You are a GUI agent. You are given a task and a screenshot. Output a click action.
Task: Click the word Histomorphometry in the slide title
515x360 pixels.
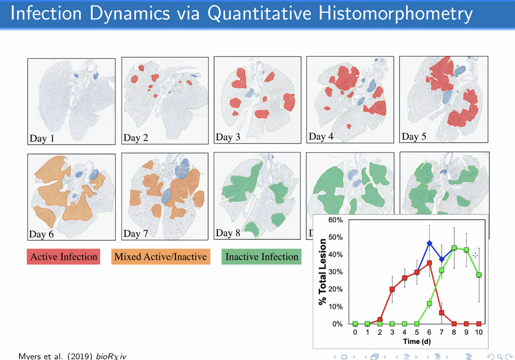pyautogui.click(x=395, y=14)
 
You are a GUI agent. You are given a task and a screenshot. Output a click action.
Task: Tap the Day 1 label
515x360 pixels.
pyautogui.click(x=42, y=138)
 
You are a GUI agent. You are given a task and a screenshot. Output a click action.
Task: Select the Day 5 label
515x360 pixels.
pyautogui.click(x=414, y=136)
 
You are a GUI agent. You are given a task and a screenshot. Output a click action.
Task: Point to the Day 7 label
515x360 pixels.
pyautogui.click(x=136, y=234)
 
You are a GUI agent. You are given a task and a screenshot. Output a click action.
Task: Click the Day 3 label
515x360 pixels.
pyautogui.click(x=228, y=137)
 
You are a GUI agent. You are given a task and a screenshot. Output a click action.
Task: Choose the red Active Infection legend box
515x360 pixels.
pyautogui.click(x=63, y=256)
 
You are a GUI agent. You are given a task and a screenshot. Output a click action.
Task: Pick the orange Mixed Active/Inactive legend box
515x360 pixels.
pyautogui.click(x=161, y=256)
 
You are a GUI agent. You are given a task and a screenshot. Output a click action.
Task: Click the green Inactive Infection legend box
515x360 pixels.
pyautogui.click(x=261, y=256)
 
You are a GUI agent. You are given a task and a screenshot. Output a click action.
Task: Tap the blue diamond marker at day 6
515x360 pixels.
pyautogui.click(x=429, y=243)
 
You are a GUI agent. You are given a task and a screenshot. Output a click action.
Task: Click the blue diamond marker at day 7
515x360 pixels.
pyautogui.click(x=442, y=259)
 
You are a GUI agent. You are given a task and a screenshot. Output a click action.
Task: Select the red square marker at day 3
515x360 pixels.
pyautogui.click(x=392, y=289)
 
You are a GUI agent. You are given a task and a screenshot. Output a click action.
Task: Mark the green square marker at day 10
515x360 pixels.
pyautogui.click(x=479, y=275)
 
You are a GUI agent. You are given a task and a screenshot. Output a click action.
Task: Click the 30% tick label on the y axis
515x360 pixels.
pyautogui.click(x=335, y=272)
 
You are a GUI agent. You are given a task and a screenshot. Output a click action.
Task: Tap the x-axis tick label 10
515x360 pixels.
pyautogui.click(x=479, y=332)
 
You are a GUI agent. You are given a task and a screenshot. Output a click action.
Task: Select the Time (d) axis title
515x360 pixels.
pyautogui.click(x=417, y=341)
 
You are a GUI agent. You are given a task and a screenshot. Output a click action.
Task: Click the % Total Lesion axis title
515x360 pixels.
pyautogui.click(x=323, y=272)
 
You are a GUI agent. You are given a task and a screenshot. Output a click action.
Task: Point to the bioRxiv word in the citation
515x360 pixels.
pyautogui.click(x=111, y=356)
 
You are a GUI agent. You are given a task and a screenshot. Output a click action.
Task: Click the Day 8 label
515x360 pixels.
pyautogui.click(x=228, y=233)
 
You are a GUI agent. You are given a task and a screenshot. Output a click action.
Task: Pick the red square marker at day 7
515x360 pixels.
pyautogui.click(x=442, y=313)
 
